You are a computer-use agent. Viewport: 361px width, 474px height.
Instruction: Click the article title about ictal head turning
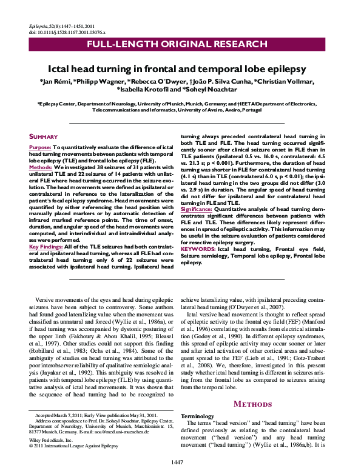pyautogui.click(x=180, y=70)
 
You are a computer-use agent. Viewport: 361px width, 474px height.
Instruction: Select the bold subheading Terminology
pyautogui.click(x=197, y=417)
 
